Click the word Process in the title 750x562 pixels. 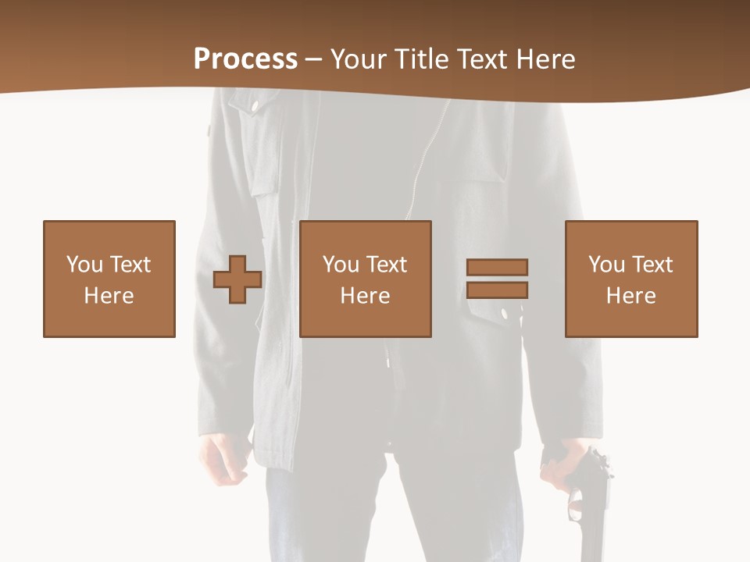[x=245, y=59]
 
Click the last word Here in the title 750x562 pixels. [x=545, y=59]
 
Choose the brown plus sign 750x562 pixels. [x=237, y=279]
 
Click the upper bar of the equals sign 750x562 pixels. [x=497, y=267]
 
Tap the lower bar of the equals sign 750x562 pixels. [x=497, y=290]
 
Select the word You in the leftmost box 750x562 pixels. [x=84, y=265]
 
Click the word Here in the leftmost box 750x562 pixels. [x=109, y=296]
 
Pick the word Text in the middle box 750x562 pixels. [x=386, y=265]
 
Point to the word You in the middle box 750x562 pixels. [x=341, y=265]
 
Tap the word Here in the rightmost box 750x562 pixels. [x=631, y=296]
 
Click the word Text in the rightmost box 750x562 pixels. [x=652, y=265]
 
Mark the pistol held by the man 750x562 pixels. [x=589, y=500]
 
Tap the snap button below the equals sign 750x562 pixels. [x=504, y=313]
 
